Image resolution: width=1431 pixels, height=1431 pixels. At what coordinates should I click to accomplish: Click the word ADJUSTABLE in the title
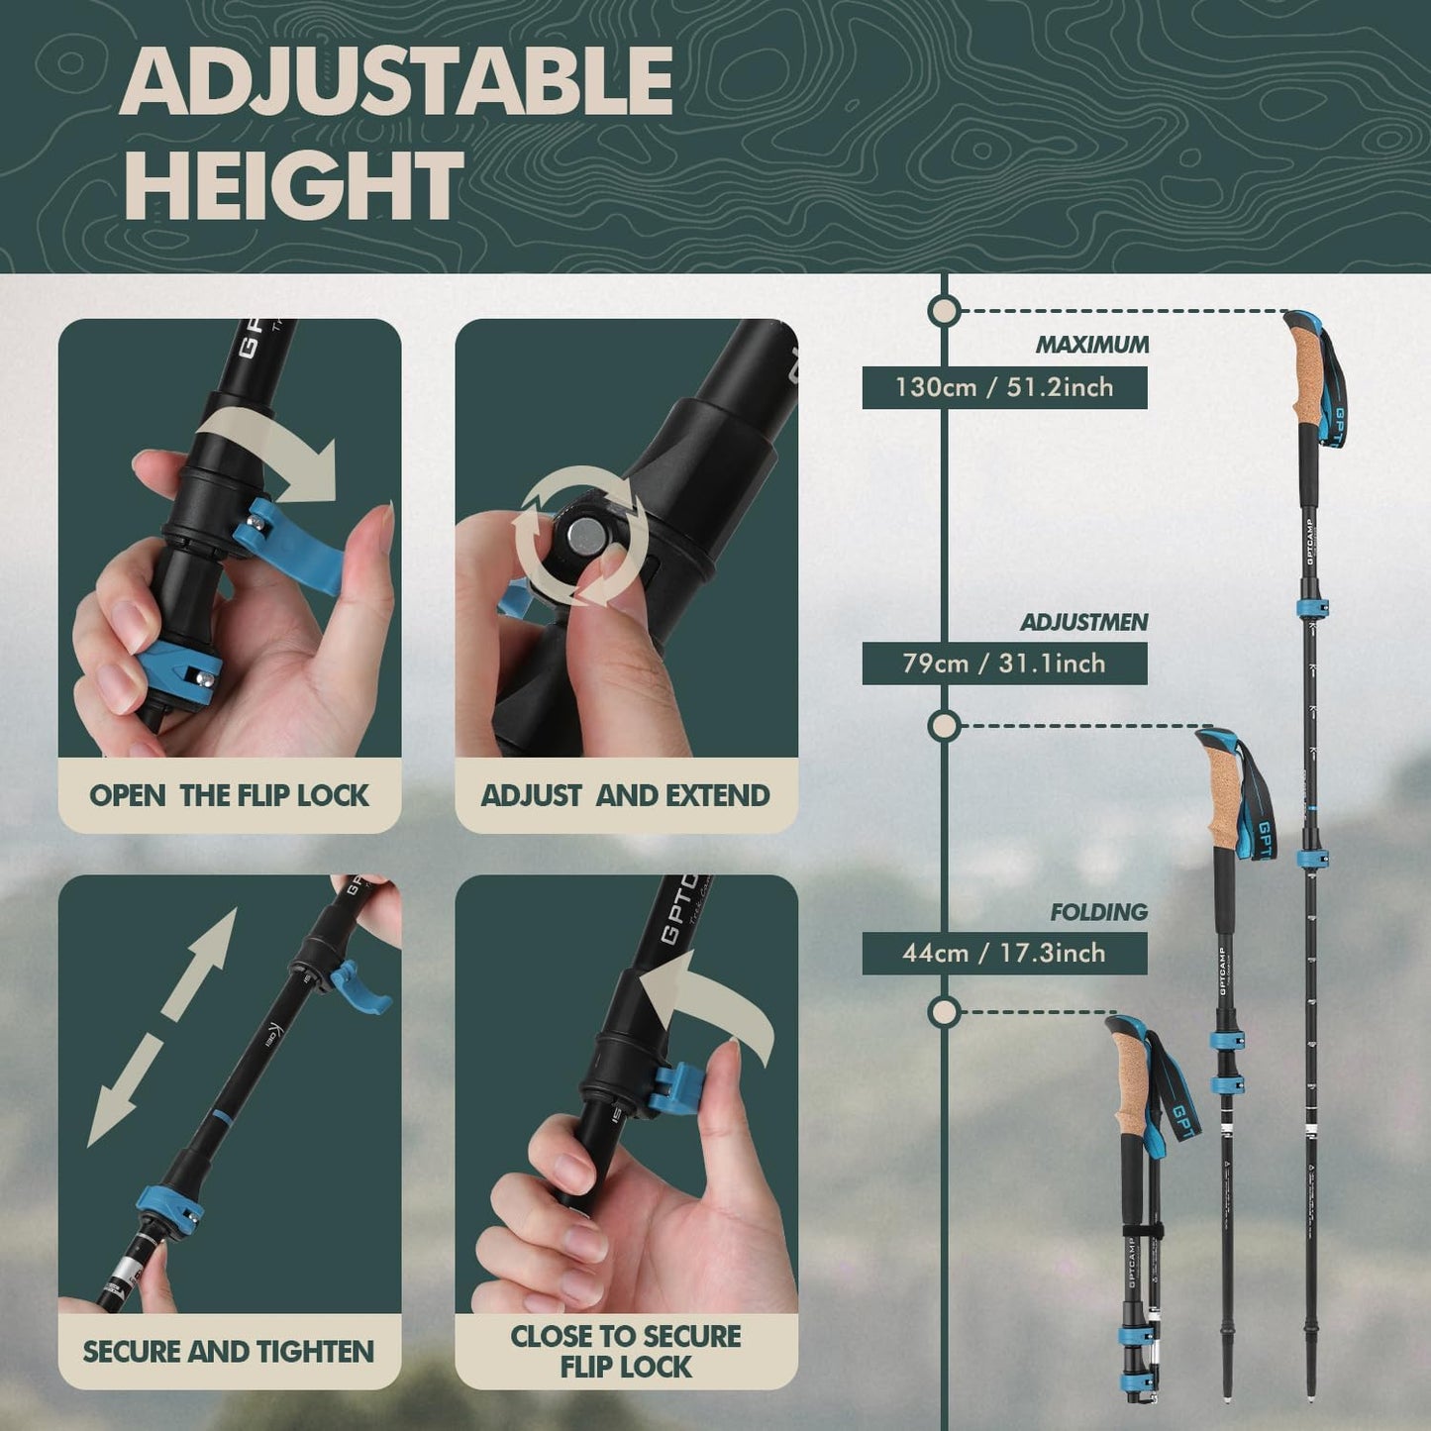396,81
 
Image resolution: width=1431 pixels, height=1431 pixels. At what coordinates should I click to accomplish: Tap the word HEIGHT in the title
293,185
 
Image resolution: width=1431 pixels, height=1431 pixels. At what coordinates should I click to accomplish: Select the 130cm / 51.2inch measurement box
1004,387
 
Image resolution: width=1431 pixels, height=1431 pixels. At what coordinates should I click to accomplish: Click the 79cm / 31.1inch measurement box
1004,664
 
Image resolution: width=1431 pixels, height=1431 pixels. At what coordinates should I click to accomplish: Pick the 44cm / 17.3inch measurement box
1004,953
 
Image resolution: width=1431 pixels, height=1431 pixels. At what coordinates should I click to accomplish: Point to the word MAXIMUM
1092,345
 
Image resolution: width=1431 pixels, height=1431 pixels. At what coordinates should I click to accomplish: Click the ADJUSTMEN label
1084,622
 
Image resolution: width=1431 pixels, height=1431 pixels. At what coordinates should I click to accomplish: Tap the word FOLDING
1099,911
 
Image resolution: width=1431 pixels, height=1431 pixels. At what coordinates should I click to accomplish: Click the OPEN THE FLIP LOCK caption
229,795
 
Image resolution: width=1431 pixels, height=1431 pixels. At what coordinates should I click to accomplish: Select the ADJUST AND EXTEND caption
625,795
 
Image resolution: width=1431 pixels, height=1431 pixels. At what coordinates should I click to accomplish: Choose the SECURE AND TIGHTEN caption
229,1352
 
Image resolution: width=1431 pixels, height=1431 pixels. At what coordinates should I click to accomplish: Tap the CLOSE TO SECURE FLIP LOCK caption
625,1351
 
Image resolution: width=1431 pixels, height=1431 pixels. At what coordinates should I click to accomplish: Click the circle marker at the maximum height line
945,311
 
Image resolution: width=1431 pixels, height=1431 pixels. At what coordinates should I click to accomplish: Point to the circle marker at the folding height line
945,1012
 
